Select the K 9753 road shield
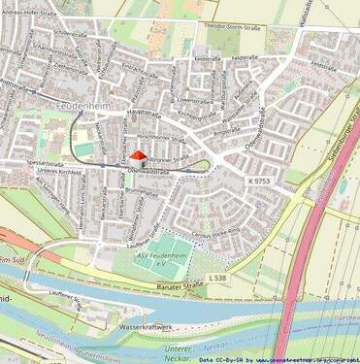pyautogui.click(x=260, y=182)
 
